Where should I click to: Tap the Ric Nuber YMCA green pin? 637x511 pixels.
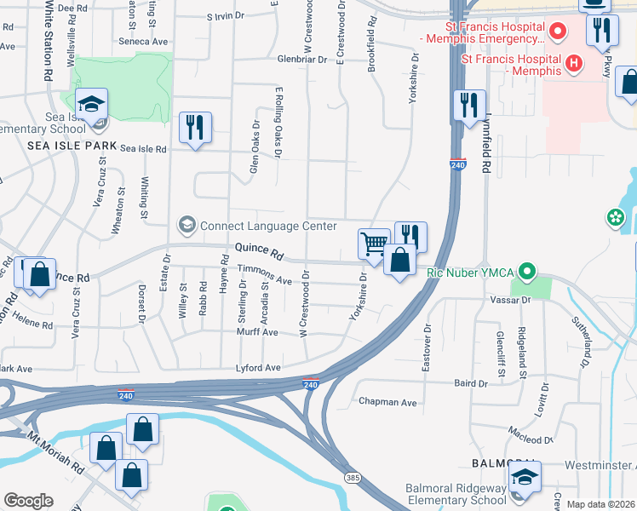(x=527, y=273)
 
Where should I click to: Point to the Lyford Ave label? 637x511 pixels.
(x=259, y=368)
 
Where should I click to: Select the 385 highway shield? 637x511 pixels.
(x=352, y=478)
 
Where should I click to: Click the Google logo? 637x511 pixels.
(x=28, y=501)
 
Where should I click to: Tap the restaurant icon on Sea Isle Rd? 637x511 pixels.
(x=196, y=128)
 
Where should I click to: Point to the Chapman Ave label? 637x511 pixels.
(x=387, y=402)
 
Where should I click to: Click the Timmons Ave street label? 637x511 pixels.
(x=264, y=274)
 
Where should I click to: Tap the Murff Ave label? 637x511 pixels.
(x=258, y=333)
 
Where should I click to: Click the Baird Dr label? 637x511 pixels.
(x=471, y=384)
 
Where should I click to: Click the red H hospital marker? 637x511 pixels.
(x=574, y=63)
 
